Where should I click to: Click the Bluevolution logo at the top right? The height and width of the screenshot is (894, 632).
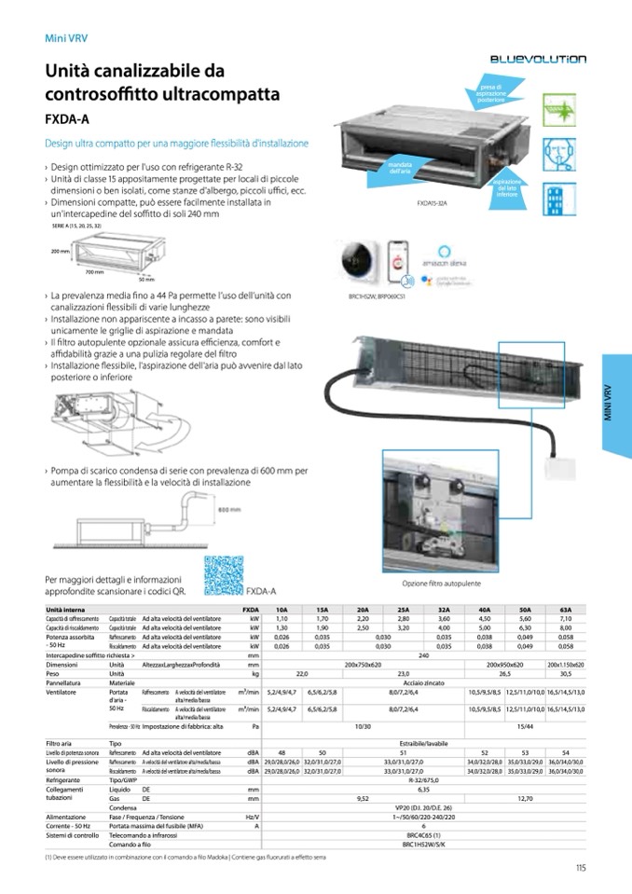pyautogui.click(x=538, y=59)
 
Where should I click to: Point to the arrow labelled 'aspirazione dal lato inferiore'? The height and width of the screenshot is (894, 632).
pyautogui.click(x=507, y=186)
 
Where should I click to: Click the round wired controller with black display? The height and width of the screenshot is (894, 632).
pyautogui.click(x=359, y=259)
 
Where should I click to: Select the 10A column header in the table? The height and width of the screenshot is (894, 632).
pyautogui.click(x=282, y=608)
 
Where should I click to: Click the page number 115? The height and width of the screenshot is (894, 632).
pyautogui.click(x=580, y=870)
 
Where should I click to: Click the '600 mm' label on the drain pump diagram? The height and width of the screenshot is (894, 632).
pyautogui.click(x=229, y=510)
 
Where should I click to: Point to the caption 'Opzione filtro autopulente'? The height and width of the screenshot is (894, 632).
pyautogui.click(x=435, y=584)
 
